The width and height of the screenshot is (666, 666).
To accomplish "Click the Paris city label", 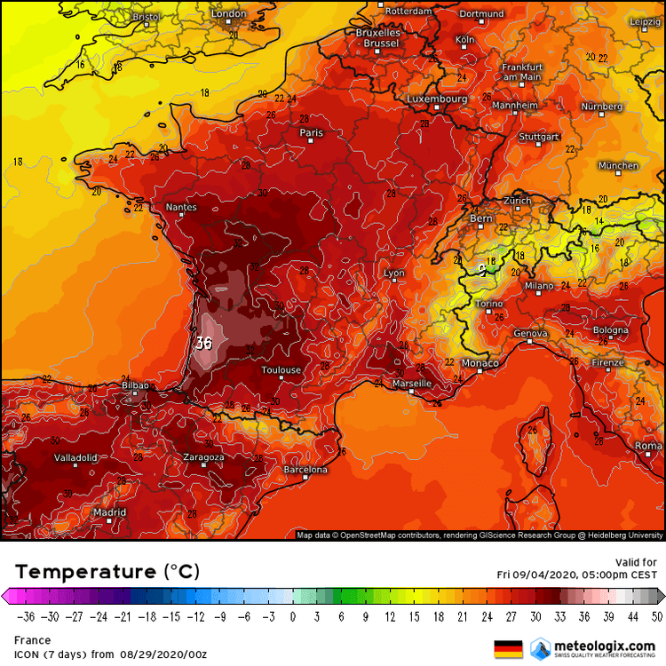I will [x=312, y=133].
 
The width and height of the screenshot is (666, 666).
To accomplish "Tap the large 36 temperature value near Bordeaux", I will [x=203, y=343].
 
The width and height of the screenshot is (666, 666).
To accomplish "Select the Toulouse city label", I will [x=281, y=370].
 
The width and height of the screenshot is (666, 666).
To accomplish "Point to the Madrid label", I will [x=109, y=512].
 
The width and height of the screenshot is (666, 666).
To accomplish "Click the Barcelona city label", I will [x=305, y=469].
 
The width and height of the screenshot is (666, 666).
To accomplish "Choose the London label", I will [x=228, y=13].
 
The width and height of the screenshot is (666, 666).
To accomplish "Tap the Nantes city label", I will [x=181, y=208].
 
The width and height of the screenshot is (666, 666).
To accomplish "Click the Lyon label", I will [x=394, y=274].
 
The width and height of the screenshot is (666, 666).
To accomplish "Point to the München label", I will [x=618, y=166].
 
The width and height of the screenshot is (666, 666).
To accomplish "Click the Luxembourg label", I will [x=437, y=99].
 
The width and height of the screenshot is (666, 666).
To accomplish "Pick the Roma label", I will [x=648, y=446].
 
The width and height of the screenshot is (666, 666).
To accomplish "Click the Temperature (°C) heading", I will [x=107, y=570].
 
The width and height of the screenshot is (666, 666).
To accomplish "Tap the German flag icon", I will [x=507, y=647].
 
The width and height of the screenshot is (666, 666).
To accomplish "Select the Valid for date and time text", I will [x=577, y=568].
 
